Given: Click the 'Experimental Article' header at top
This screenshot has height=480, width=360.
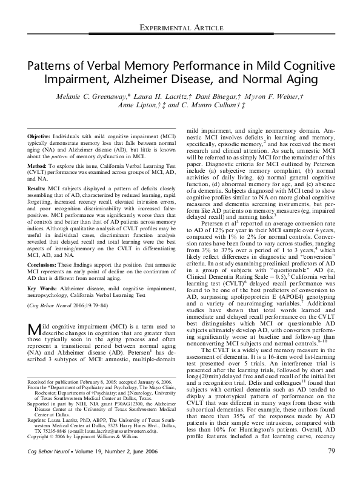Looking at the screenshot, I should (179, 28).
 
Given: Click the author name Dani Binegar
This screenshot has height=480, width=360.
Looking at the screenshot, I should (224, 98).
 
